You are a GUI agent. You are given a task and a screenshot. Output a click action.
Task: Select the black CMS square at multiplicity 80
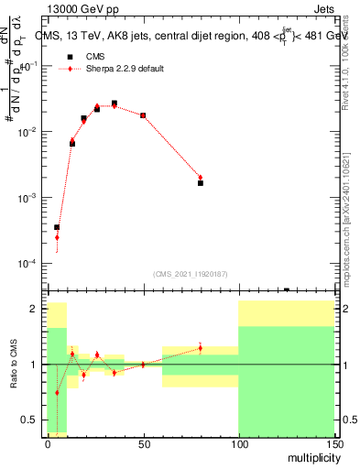(201, 183)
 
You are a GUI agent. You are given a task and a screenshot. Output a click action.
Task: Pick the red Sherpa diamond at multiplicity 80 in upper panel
(201, 178)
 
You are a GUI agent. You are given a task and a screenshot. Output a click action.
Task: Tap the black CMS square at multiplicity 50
(143, 115)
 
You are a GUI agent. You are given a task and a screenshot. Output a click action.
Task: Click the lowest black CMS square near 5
(57, 227)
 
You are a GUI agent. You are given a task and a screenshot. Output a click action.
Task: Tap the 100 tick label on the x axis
(238, 444)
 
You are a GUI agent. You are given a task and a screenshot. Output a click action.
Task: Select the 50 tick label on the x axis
(143, 444)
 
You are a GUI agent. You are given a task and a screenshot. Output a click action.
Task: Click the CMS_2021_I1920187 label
(190, 274)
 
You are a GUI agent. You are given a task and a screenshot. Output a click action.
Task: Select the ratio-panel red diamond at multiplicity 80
(201, 348)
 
